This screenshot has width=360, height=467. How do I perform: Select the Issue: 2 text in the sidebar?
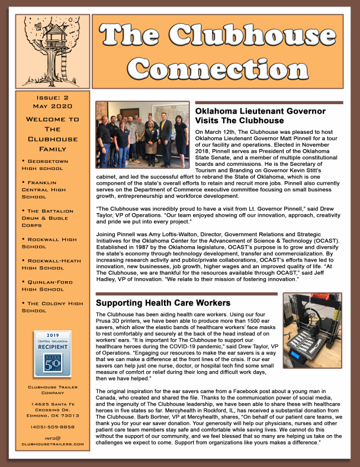click(53, 98)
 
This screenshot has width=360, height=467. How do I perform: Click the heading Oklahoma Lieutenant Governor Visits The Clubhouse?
click(261, 115)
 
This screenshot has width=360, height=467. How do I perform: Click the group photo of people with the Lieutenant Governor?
click(143, 134)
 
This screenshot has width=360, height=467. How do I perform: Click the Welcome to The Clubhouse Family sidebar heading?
click(53, 134)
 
